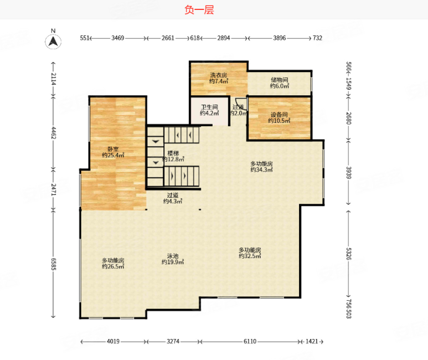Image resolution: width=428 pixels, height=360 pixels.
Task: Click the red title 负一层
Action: [x=199, y=10]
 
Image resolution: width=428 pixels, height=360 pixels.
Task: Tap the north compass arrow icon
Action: [x=53, y=42]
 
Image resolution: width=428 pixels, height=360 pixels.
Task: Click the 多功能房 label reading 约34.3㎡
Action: [x=261, y=167]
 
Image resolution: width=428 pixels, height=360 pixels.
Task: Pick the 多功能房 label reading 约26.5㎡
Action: [x=113, y=263]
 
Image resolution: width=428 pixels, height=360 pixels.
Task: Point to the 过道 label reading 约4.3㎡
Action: [x=173, y=198]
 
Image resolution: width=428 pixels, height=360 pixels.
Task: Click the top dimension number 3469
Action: [x=117, y=38]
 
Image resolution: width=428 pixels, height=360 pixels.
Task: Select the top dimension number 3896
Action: [x=280, y=38]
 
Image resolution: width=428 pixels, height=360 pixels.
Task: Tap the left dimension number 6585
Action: [x=54, y=264]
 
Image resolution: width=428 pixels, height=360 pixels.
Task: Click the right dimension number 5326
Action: [x=349, y=254]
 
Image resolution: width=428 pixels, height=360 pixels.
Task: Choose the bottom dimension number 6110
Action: [x=250, y=341]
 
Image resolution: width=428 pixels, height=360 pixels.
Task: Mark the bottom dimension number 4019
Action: [x=113, y=341]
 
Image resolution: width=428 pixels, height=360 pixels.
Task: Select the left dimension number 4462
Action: [x=54, y=133]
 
